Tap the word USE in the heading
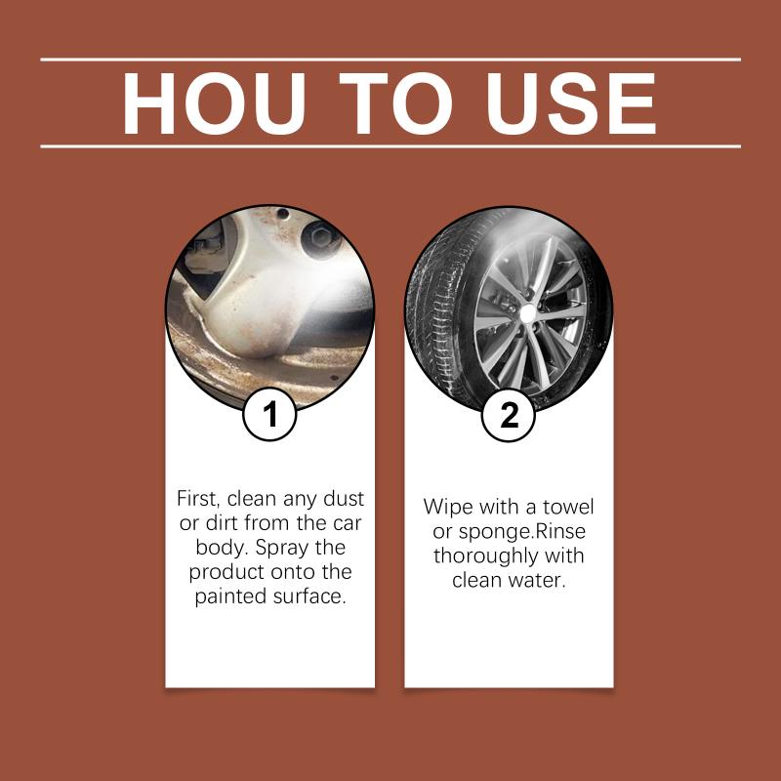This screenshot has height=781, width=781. point(571,103)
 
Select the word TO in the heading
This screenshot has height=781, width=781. point(396,103)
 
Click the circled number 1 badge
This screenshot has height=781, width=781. point(270,414)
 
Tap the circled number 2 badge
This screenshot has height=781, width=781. point(509,414)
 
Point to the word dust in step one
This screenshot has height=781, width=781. point(344,499)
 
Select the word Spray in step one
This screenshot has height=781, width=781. point(281,548)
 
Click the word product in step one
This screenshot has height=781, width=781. point(226,572)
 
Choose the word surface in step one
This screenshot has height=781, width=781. point(308,596)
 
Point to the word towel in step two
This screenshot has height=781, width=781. point(568,507)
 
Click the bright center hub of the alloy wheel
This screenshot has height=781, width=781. point(527,313)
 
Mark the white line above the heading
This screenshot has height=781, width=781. point(390,60)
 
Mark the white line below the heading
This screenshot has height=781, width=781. point(390,146)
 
